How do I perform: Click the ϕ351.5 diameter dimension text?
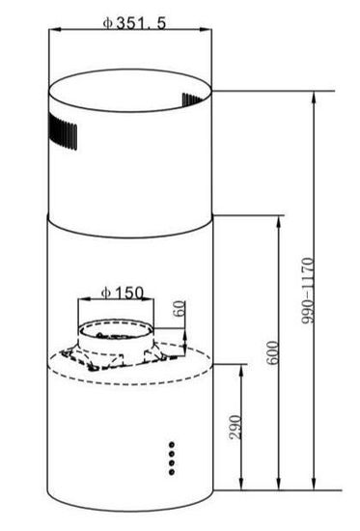point(135,22)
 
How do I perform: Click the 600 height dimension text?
point(273,352)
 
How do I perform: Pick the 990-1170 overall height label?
point(308,290)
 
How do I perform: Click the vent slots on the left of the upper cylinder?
point(62,132)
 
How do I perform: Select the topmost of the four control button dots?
point(172,445)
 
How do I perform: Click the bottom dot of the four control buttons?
point(172,471)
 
